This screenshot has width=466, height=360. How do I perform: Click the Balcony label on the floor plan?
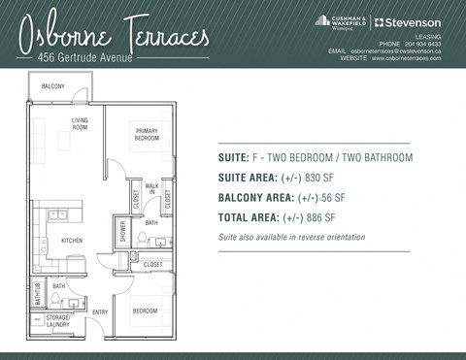(x=52, y=87)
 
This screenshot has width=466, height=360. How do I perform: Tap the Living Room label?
(x=80, y=123)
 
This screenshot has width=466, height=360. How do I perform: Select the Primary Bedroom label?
(x=147, y=134)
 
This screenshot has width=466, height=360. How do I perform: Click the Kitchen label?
(x=72, y=240)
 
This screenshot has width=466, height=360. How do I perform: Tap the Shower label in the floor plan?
(x=123, y=231)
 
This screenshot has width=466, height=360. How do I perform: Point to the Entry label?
(x=99, y=311)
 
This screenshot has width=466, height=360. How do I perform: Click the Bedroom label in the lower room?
(x=145, y=311)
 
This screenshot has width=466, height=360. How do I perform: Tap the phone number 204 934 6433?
(x=422, y=44)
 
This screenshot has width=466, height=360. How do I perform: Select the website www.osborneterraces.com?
(x=406, y=58)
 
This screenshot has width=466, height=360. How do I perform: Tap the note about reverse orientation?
(x=291, y=237)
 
